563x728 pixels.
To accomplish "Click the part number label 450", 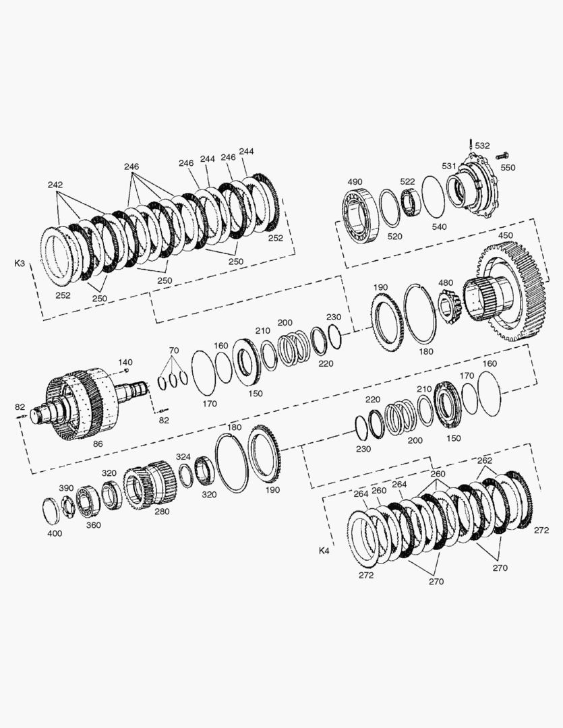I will click(x=505, y=235).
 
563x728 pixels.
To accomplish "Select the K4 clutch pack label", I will click(x=324, y=551).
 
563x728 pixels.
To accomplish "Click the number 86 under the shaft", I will click(x=98, y=445).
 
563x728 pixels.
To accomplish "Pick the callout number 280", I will click(x=162, y=512).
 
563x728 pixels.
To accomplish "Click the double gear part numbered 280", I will click(x=152, y=483).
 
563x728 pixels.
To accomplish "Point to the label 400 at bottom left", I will click(x=55, y=533).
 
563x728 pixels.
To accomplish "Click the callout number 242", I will click(x=56, y=184).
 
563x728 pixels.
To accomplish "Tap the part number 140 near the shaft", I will click(x=125, y=362).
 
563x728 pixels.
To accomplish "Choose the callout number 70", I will click(x=174, y=351).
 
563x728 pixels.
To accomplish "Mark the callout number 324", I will click(x=183, y=457).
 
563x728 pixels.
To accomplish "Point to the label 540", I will click(x=439, y=226).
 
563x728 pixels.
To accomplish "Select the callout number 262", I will click(x=484, y=461).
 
